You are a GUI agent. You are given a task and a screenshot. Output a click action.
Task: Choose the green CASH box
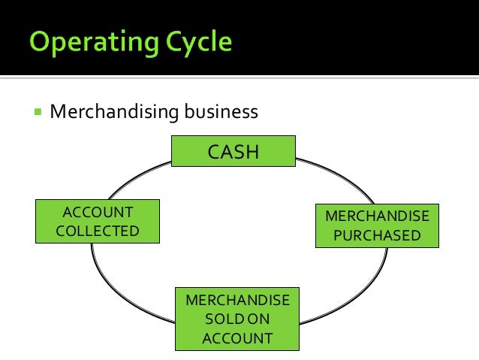click(x=233, y=152)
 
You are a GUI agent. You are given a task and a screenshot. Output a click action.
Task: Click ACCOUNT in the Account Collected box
click(x=98, y=213)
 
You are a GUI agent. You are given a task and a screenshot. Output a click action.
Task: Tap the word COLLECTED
click(x=98, y=231)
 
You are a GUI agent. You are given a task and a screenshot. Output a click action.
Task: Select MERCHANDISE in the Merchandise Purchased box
click(x=377, y=216)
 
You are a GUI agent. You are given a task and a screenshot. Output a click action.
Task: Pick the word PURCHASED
click(x=377, y=235)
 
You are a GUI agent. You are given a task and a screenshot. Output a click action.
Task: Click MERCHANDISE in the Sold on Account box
click(x=237, y=300)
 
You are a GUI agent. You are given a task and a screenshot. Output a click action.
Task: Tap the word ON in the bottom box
click(x=258, y=319)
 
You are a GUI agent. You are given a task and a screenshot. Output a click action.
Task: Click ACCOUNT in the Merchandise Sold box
click(x=237, y=338)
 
